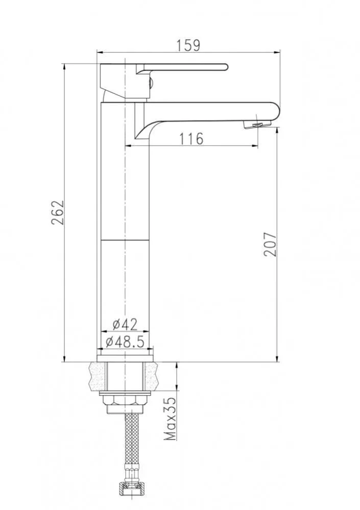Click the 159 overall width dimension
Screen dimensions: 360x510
tap(188, 45)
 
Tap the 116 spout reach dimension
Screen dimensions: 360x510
tap(191, 138)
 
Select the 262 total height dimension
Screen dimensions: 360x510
tap(58, 212)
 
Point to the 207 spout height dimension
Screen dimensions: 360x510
tap(270, 244)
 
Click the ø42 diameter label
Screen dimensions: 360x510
tap(125, 324)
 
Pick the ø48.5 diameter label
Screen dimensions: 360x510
tap(125, 342)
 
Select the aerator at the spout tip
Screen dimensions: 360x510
tap(257, 125)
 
